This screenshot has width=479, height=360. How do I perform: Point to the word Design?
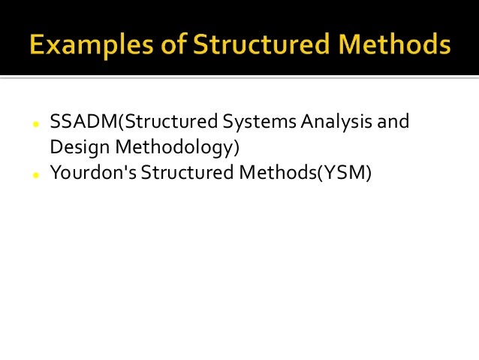pyautogui.click(x=74, y=147)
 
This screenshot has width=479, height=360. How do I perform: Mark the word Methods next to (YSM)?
pyautogui.click(x=267, y=174)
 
